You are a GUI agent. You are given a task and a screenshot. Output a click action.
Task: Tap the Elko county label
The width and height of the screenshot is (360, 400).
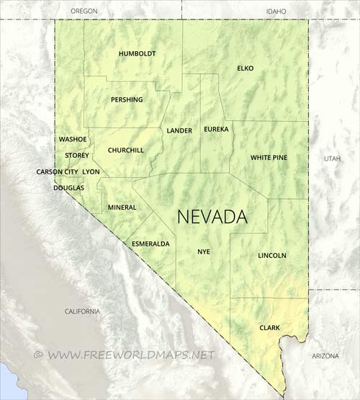[246, 68]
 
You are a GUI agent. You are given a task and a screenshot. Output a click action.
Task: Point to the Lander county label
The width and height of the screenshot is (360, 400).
[179, 130]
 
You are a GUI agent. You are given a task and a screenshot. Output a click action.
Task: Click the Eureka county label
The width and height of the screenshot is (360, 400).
[216, 129]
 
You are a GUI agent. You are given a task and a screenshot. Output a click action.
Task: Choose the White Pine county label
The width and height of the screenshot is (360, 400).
[269, 157]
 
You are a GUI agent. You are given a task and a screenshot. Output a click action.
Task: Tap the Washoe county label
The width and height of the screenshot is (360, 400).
[73, 138]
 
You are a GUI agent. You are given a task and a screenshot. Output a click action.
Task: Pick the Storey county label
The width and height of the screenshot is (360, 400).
[77, 155]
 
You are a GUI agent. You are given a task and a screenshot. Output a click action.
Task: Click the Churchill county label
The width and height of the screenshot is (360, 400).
[125, 150]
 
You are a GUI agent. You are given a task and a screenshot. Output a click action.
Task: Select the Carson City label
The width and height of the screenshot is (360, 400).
[58, 172]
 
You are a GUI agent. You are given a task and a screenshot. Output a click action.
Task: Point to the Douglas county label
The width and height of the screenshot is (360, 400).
[68, 187]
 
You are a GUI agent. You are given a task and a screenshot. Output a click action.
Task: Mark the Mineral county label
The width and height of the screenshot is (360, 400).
[122, 208]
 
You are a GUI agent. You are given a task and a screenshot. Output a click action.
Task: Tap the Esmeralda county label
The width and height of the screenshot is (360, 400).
[150, 244]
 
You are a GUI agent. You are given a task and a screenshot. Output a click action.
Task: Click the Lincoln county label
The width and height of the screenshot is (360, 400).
[272, 255]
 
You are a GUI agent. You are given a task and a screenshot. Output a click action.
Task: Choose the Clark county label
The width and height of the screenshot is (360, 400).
[269, 328]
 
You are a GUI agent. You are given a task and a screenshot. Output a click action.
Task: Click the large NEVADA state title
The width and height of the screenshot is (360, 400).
[212, 217]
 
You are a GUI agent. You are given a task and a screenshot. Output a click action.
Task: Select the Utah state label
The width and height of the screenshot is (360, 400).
[332, 158]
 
